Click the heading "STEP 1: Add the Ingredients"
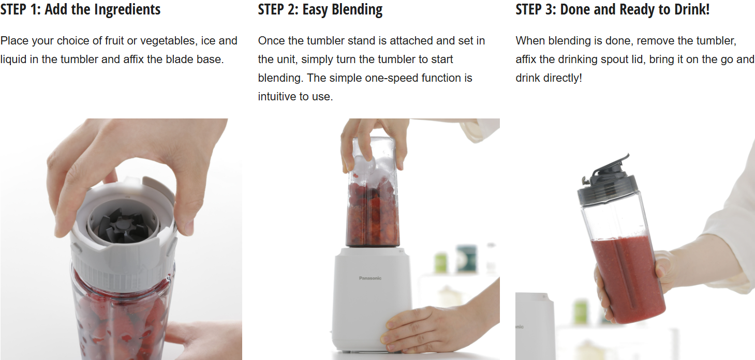tap(80, 9)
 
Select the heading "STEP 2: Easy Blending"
tap(320, 9)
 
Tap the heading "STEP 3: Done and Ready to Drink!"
tap(612, 9)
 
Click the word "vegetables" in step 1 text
tap(169, 41)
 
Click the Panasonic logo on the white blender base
tap(370, 278)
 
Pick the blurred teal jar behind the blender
tap(466, 259)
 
